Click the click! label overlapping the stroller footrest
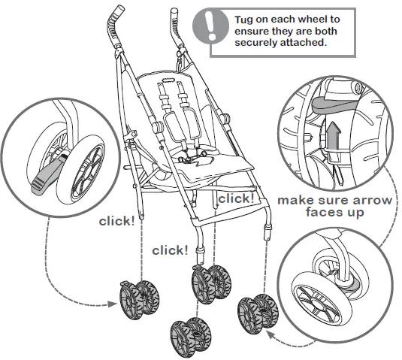tap(236, 198)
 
